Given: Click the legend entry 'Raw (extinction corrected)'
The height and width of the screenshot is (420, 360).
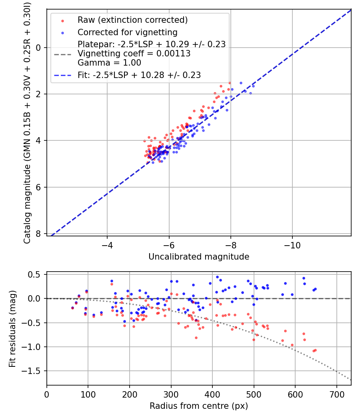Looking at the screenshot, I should (x=132, y=20).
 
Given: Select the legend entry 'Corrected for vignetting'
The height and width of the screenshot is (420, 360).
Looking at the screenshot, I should (x=127, y=32).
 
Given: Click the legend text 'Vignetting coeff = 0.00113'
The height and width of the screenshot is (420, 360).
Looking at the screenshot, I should (x=134, y=54).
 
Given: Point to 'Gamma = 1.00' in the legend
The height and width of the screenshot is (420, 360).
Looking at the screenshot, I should (x=109, y=63).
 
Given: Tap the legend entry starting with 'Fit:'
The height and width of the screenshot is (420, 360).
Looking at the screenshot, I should (x=139, y=75).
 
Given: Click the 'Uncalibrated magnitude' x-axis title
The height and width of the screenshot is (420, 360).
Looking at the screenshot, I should (x=199, y=257).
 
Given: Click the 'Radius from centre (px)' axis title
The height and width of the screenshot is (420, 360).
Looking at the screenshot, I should (x=199, y=406).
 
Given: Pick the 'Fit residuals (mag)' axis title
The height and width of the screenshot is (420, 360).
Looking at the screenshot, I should (x=12, y=329).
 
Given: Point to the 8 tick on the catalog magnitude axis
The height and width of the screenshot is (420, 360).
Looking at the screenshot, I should (x=39, y=234).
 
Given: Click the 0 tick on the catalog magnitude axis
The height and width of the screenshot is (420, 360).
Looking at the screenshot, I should (x=39, y=48).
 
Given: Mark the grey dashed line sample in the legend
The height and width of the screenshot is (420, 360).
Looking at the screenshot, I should (x=62, y=54).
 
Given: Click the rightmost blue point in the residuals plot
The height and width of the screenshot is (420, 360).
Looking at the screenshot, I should (x=315, y=289).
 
